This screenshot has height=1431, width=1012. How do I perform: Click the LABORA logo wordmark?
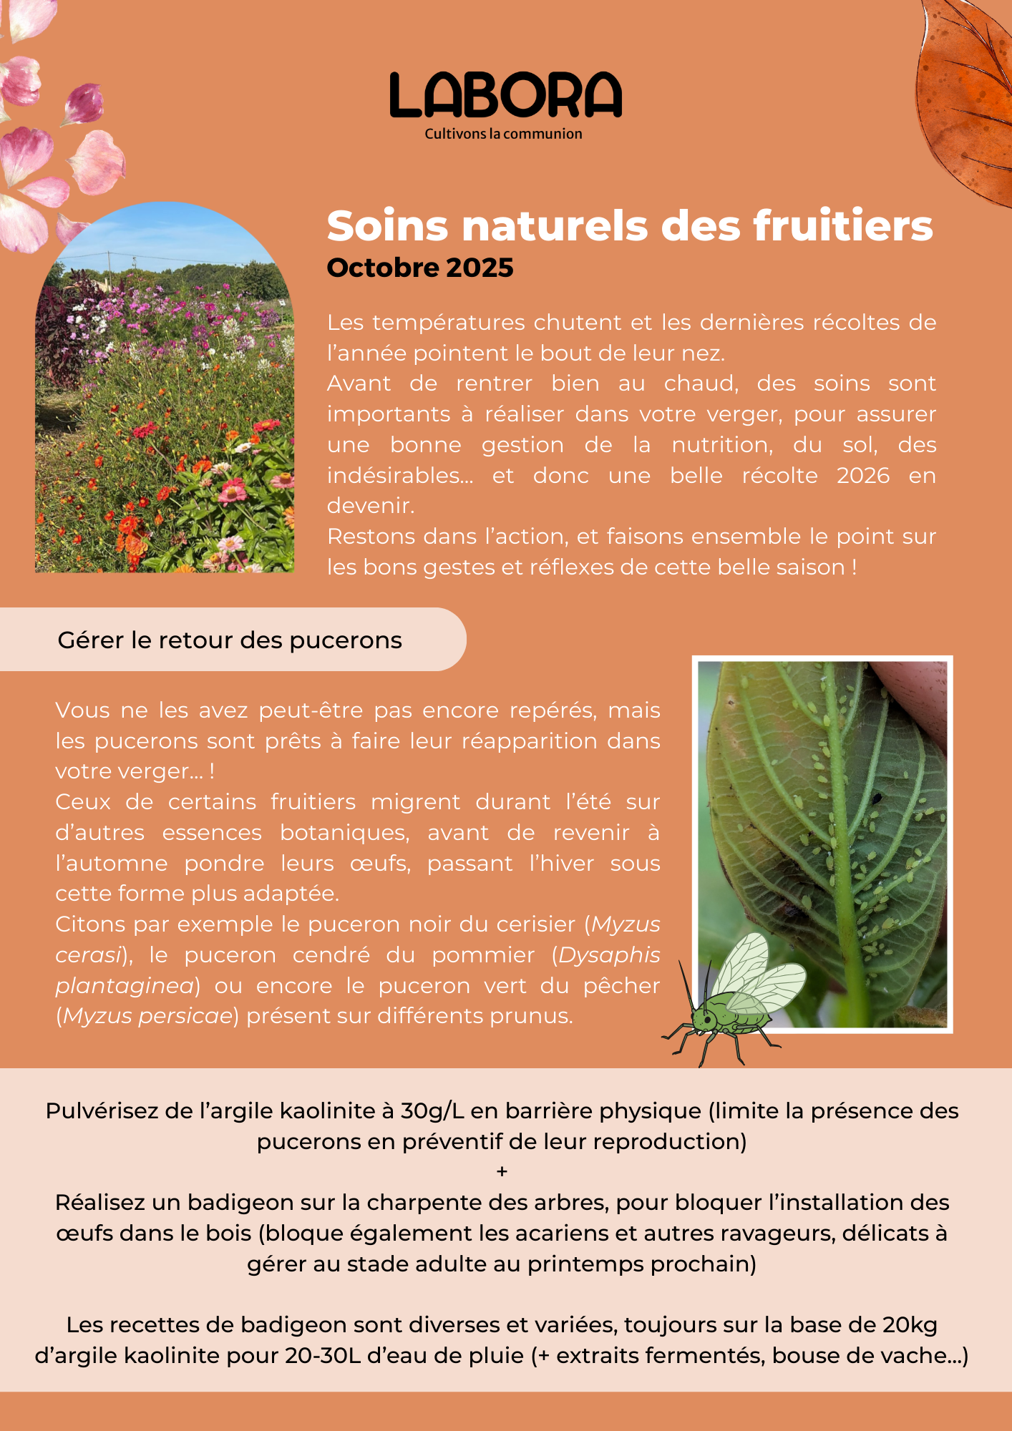click(505, 95)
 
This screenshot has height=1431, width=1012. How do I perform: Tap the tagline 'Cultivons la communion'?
click(503, 134)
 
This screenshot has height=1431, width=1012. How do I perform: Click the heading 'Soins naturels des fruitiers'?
click(630, 226)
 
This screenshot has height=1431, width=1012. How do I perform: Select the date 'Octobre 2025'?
click(420, 268)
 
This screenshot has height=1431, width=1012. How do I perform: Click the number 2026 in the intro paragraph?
click(863, 476)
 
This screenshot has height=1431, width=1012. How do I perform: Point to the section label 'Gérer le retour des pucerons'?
click(230, 640)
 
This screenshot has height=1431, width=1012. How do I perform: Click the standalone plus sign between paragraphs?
click(502, 1172)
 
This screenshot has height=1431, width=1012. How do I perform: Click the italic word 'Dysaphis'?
click(609, 955)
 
